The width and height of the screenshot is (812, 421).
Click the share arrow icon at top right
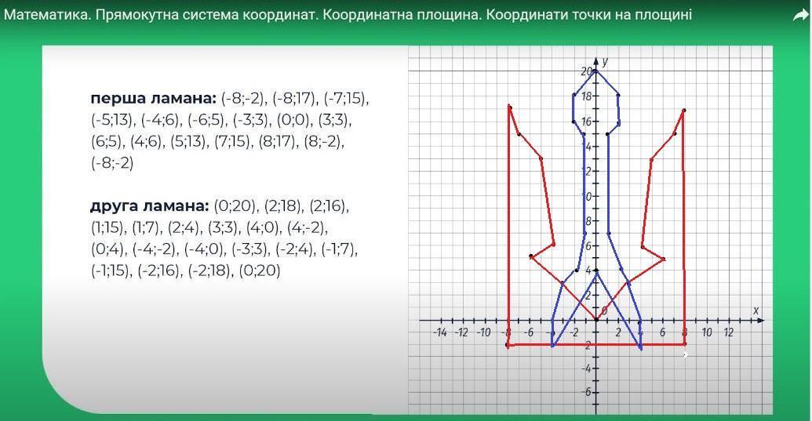pos(800,16)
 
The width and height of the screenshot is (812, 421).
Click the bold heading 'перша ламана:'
pos(153,98)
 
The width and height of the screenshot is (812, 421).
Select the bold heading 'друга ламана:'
pos(150,206)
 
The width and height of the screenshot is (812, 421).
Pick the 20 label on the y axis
pos(586,71)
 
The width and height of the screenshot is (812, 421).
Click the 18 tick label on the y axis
pos(586,96)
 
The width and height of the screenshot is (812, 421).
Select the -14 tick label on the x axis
pos(439,332)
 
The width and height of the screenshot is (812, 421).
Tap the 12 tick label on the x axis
pos(728,332)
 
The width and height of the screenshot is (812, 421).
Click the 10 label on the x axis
pos(706,332)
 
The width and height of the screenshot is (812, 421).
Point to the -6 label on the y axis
pos(586,392)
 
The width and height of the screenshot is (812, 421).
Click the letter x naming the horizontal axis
pos(756,310)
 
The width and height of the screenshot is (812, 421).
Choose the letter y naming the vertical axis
pos(606,62)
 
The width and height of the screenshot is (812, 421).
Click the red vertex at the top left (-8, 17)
pos(510,107)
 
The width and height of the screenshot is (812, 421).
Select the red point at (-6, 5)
pos(531,256)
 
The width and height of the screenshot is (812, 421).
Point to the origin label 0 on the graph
pos(603,310)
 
